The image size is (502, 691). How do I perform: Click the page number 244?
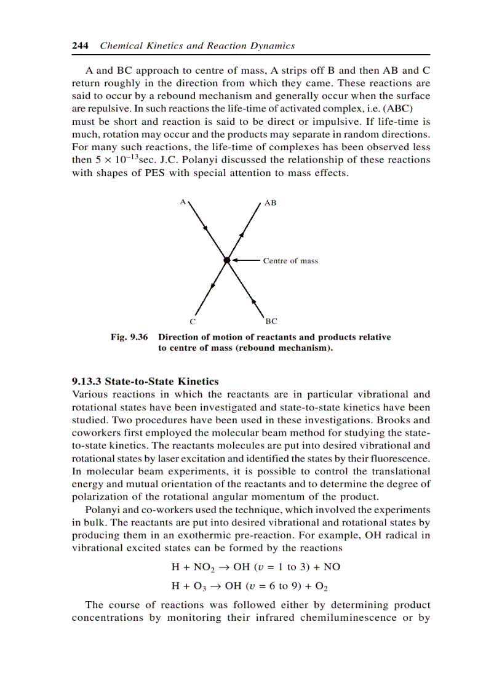coord(80,46)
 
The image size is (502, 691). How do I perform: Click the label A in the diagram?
coord(183,201)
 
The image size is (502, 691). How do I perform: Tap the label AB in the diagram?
coord(270,202)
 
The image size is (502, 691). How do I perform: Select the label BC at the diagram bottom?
coord(271,321)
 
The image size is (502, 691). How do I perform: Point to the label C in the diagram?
coord(193,322)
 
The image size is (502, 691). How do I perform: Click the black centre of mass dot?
coord(227,261)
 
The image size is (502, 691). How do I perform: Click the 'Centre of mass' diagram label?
coord(290,261)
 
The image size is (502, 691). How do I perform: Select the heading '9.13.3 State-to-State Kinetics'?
coord(145,381)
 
